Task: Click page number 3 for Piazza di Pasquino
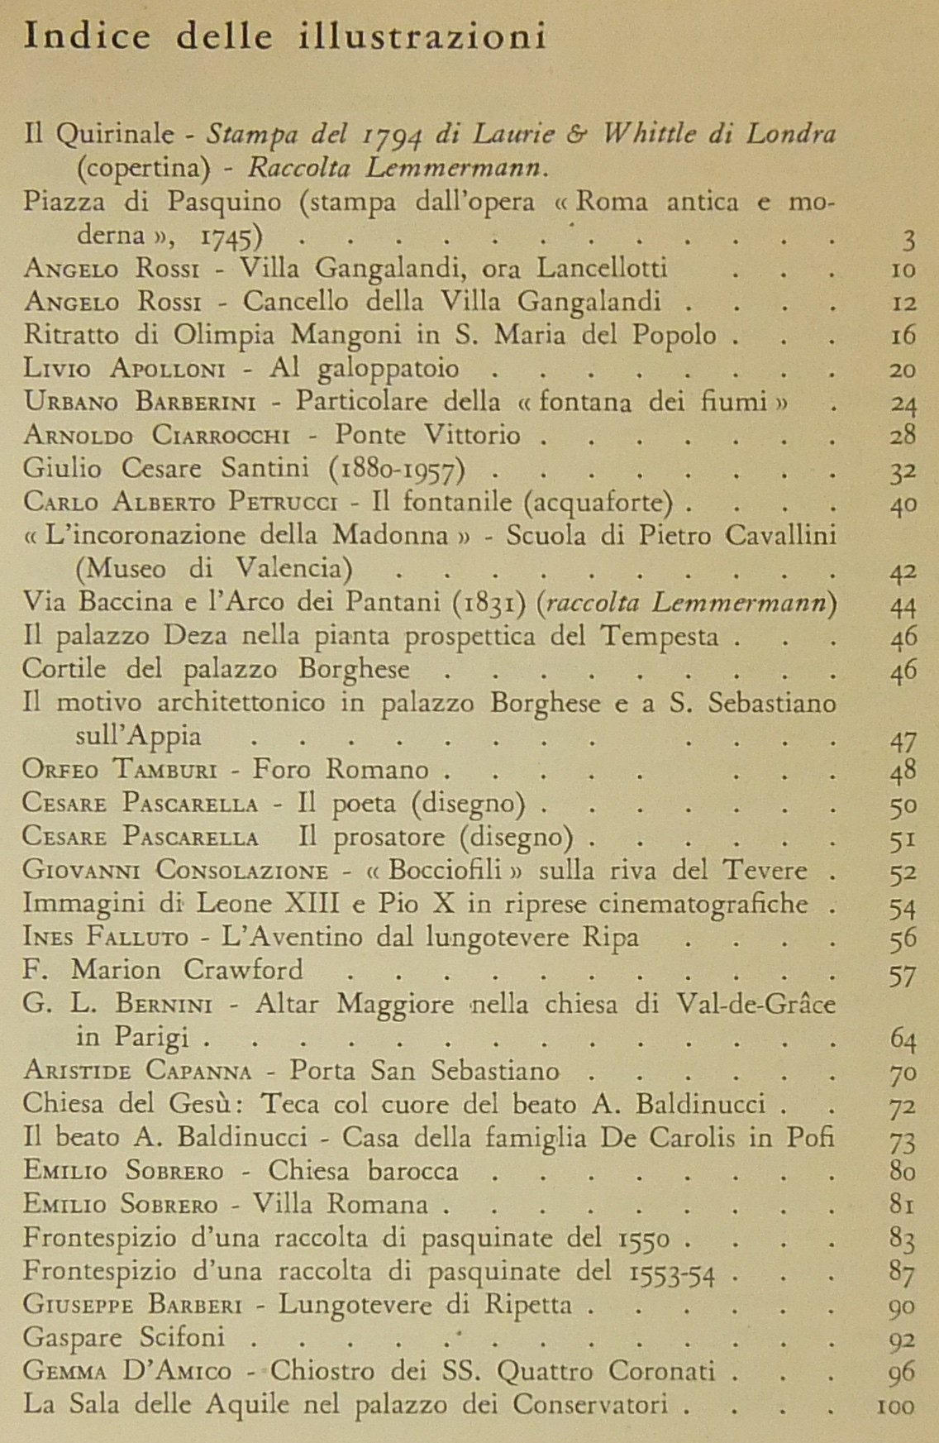coord(908,239)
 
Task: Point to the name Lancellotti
coord(602,268)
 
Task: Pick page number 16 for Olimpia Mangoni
coord(903,336)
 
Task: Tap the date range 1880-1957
coord(397,470)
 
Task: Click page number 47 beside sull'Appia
coord(903,738)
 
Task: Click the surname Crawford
coord(243,969)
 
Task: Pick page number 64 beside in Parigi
coord(903,1039)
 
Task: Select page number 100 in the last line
coord(896,1405)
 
